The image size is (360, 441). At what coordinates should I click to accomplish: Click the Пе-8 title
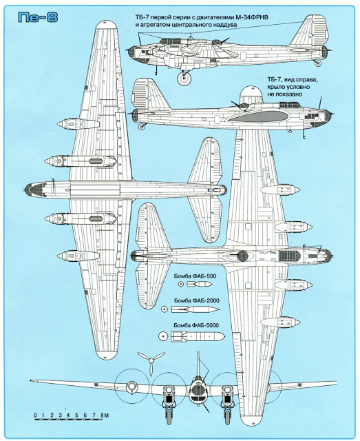click(x=38, y=17)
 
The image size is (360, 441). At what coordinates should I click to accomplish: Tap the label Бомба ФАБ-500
click(x=195, y=276)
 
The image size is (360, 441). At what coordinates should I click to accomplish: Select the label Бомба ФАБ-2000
click(x=197, y=300)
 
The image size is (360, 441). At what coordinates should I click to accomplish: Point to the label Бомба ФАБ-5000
click(x=196, y=325)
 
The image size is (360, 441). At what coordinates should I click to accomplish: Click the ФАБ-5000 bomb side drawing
click(x=198, y=336)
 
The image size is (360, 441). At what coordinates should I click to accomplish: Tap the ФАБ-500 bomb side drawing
click(x=199, y=285)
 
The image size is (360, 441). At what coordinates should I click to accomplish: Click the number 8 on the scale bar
click(x=102, y=415)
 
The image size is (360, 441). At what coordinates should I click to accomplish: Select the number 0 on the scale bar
click(x=35, y=415)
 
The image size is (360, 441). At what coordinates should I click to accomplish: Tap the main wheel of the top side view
click(x=184, y=78)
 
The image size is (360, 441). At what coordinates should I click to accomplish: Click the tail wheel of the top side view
click(x=318, y=63)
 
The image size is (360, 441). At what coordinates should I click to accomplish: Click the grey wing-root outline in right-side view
click(x=257, y=116)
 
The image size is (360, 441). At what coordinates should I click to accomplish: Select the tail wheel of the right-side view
click(x=142, y=127)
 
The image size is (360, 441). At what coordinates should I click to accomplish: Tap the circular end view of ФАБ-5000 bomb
click(x=162, y=336)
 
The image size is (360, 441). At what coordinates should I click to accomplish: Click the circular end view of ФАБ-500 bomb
click(x=181, y=285)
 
